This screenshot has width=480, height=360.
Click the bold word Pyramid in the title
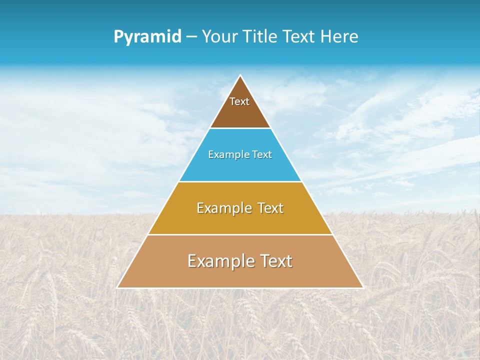click(x=147, y=37)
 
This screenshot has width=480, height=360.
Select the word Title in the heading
click(x=261, y=37)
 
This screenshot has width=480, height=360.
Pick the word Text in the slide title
click(x=299, y=37)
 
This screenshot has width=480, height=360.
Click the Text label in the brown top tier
click(x=239, y=101)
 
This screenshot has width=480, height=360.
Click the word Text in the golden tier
click(x=270, y=208)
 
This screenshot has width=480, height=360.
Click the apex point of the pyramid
click(x=240, y=76)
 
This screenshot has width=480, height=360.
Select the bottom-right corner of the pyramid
click(x=363, y=287)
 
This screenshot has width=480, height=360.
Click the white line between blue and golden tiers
click(x=240, y=181)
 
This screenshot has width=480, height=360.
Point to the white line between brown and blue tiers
click(x=240, y=128)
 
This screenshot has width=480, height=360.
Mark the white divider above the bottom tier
click(x=240, y=234)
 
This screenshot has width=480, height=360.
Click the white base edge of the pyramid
click(x=240, y=288)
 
